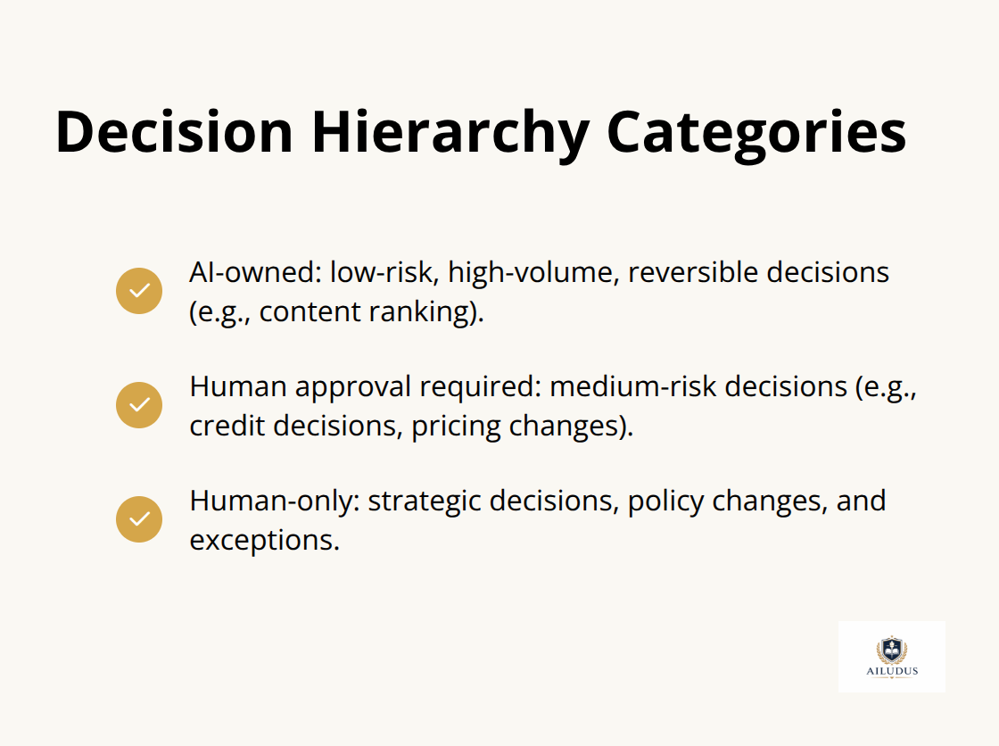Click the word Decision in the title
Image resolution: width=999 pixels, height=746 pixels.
click(x=174, y=133)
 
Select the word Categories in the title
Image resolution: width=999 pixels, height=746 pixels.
click(x=756, y=133)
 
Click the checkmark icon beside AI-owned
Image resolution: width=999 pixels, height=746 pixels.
click(x=139, y=291)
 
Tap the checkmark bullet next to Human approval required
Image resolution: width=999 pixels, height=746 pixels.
click(x=139, y=405)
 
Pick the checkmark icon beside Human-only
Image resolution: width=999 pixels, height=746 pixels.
click(x=139, y=519)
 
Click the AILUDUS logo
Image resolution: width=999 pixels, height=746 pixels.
click(x=891, y=656)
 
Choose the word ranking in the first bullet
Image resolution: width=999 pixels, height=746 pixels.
click(x=432, y=312)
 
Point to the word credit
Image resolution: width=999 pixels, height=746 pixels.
click(x=227, y=427)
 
